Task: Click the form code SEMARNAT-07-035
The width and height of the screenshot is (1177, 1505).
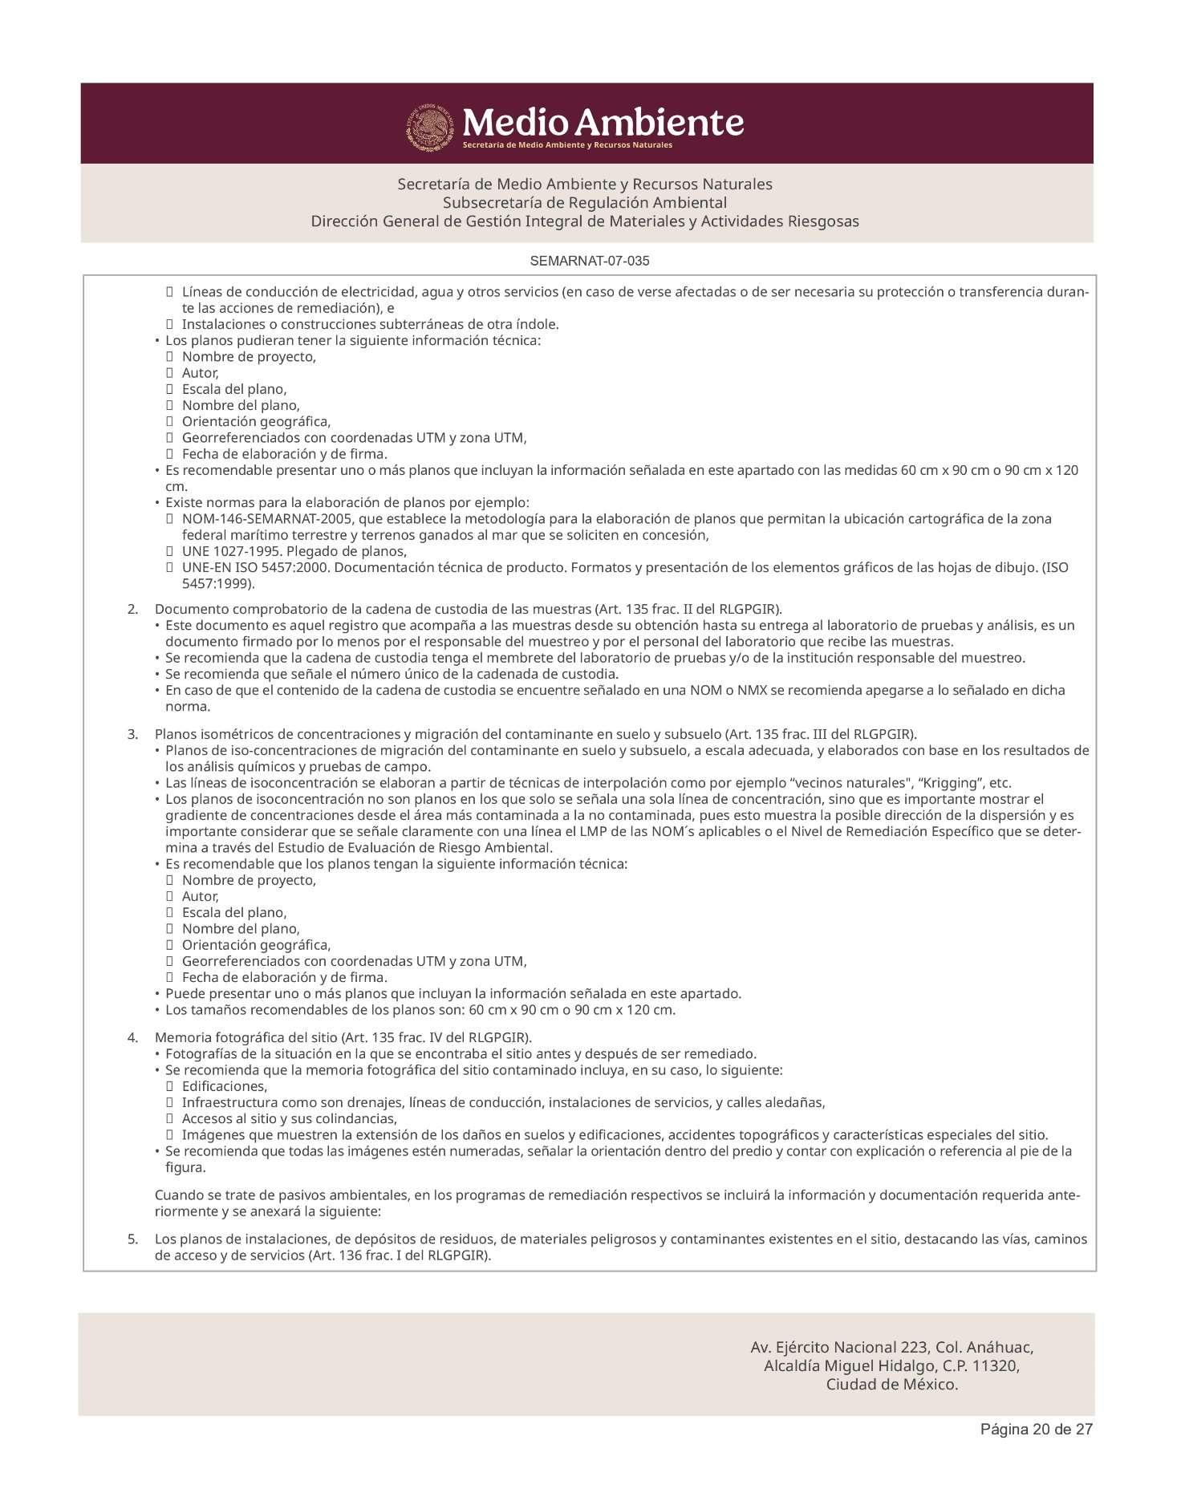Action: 589,262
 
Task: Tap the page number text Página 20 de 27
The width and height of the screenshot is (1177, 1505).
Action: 1037,1451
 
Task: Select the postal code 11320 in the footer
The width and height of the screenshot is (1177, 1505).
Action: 996,1366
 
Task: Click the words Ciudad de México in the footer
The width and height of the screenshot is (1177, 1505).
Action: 892,1385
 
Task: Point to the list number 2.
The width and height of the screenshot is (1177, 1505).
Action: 132,610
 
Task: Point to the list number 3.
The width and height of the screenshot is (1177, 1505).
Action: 132,735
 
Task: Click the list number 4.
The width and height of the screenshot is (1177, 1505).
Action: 132,1038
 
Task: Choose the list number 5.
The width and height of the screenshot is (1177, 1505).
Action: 132,1239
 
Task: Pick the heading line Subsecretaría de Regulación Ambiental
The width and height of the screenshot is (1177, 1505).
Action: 585,202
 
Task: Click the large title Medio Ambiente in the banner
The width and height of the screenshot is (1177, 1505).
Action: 603,123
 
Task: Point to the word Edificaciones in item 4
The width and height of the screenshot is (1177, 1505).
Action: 224,1086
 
